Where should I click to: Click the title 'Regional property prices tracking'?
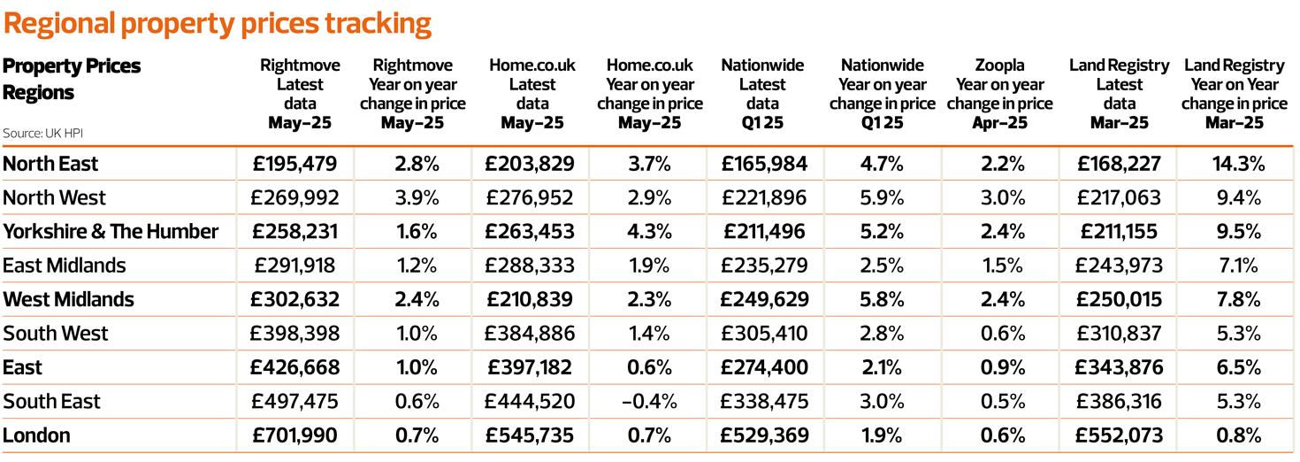[x=218, y=23]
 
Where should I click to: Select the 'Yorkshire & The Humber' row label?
[x=111, y=232]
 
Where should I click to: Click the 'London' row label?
[x=36, y=435]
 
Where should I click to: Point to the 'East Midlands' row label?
[x=65, y=266]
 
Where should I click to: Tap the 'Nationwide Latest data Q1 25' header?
[x=761, y=94]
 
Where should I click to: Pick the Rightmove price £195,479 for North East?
[x=295, y=164]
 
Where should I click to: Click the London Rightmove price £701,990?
[x=295, y=435]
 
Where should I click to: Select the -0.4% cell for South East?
[x=649, y=402]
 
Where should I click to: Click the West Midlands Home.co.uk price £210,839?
[x=530, y=300]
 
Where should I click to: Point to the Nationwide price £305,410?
[x=765, y=334]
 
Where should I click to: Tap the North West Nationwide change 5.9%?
[x=882, y=197]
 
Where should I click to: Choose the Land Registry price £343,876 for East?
[x=1119, y=367]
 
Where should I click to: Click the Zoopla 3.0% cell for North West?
[x=1002, y=197]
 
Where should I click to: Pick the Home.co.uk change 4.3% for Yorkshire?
[x=649, y=232]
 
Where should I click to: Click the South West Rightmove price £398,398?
[x=295, y=334]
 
